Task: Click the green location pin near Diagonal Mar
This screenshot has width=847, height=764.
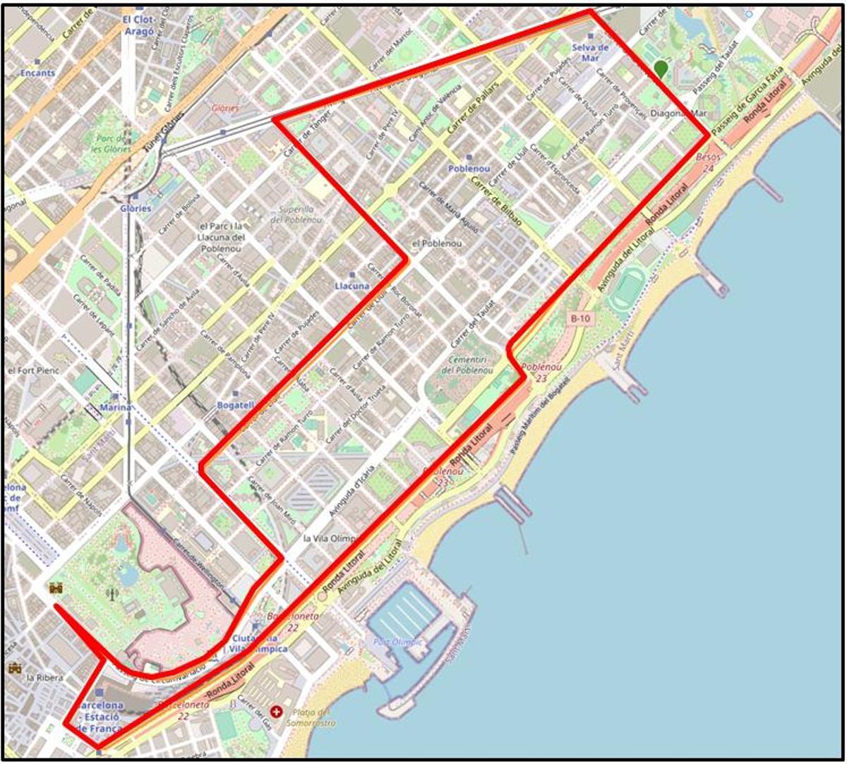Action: pos(661,68)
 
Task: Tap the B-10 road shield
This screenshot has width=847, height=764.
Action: pos(579,319)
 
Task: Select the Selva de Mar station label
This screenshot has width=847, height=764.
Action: pos(591,52)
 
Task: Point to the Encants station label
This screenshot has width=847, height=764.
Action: pos(37,73)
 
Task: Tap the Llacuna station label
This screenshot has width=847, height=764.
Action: pos(352,286)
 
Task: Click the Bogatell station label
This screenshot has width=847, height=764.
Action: pos(236,406)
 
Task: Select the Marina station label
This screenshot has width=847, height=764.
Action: pos(116,407)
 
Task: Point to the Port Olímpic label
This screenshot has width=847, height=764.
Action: pos(398,642)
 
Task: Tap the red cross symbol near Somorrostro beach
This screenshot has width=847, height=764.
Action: pos(277,713)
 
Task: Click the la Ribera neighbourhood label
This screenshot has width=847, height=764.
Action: pos(44,677)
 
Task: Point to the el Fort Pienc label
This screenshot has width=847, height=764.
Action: pos(33,370)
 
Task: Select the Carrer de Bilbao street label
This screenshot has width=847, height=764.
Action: pos(497,202)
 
